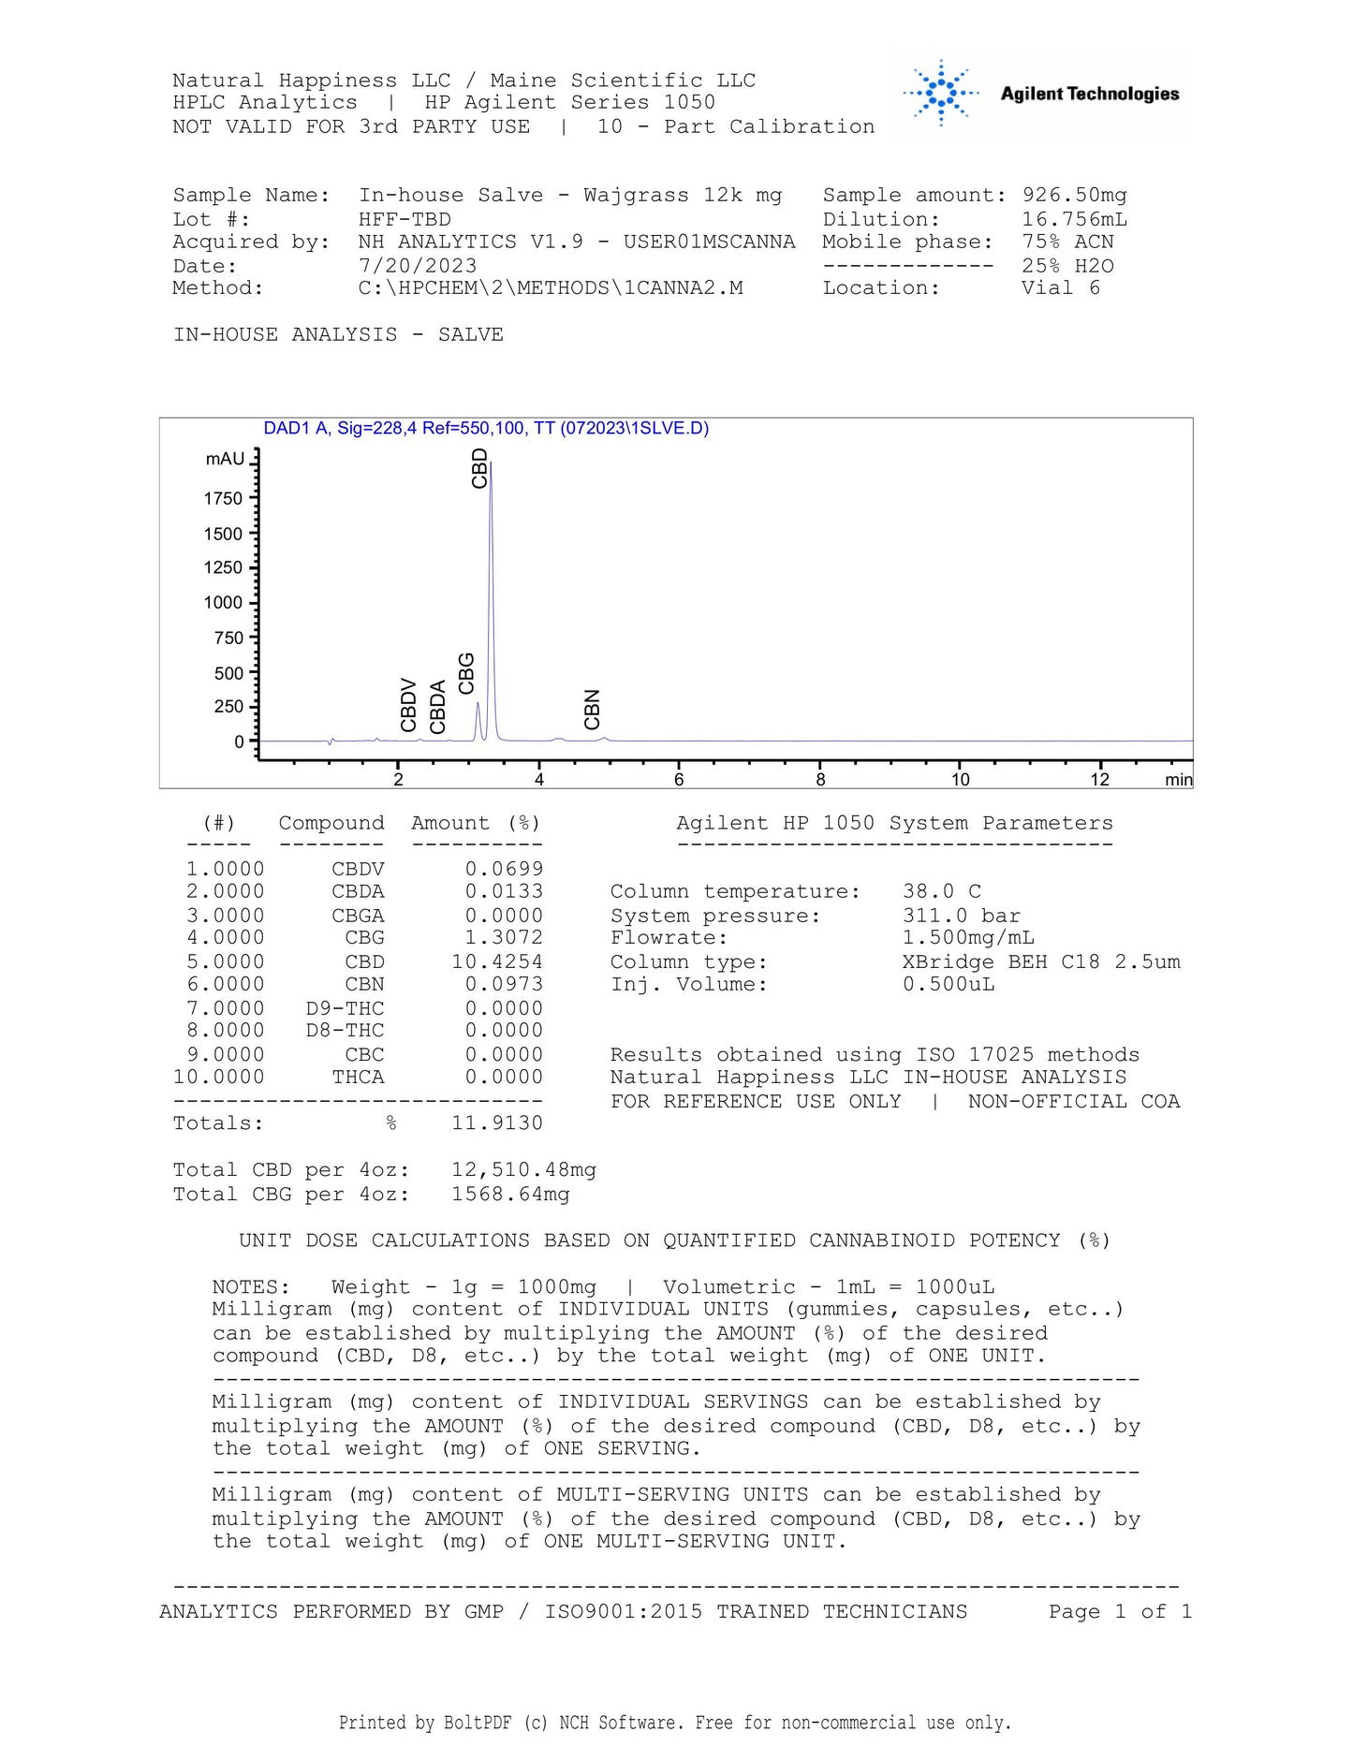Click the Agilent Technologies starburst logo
tap(941, 93)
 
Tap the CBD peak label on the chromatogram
tap(479, 468)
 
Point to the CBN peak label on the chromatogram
tap(592, 710)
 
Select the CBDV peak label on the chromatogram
tap(408, 705)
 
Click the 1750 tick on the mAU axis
tap(223, 499)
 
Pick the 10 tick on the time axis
tap(961, 780)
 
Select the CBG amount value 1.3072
tap(503, 938)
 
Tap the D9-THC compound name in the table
tap(345, 1008)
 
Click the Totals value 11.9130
tap(496, 1123)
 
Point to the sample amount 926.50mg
tap(1074, 196)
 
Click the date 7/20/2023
tap(418, 266)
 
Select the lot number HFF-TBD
tap(404, 220)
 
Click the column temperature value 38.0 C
tap(941, 892)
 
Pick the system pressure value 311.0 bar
tap(961, 916)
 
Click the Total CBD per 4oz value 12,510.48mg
tap(523, 1170)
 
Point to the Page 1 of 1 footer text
tap(1120, 1611)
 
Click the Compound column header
tap(331, 824)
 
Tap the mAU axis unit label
tap(225, 460)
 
